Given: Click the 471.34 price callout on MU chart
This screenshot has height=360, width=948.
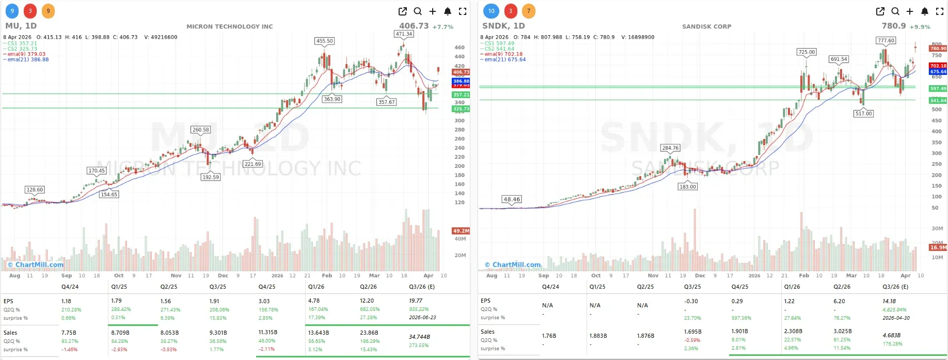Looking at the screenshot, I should [404, 34].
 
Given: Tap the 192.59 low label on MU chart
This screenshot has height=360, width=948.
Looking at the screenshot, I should [211, 177].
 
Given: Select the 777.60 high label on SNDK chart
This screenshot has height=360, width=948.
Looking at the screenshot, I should [886, 40].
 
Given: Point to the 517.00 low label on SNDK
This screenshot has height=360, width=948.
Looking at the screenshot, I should [863, 114].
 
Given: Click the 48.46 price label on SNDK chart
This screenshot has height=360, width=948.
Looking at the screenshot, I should [512, 199].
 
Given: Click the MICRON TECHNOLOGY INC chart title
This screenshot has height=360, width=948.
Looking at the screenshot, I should [229, 26].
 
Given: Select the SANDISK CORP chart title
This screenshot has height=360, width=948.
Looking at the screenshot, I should [706, 26].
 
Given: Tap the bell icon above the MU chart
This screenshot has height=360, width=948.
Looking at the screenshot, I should [448, 11].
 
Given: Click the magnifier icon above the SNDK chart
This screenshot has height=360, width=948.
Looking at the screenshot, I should [895, 11].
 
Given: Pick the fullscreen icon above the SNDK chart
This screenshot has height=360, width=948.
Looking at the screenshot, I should [940, 11].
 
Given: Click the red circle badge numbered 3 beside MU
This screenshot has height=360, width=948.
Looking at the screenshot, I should [30, 11].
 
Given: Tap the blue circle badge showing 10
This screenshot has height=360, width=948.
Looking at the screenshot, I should [491, 11].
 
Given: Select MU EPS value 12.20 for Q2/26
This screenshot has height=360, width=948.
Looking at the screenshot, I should [367, 301].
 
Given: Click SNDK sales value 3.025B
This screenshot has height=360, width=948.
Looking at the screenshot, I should [842, 331].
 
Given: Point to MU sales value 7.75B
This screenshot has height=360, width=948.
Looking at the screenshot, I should [69, 333].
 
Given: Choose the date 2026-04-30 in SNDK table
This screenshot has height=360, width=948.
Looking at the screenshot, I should [896, 318].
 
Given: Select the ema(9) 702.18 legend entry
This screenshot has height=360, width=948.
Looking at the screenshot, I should [503, 54].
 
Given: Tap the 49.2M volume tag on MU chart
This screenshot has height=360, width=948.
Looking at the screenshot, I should [461, 231].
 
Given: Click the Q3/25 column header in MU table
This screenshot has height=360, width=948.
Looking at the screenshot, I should [217, 287].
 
